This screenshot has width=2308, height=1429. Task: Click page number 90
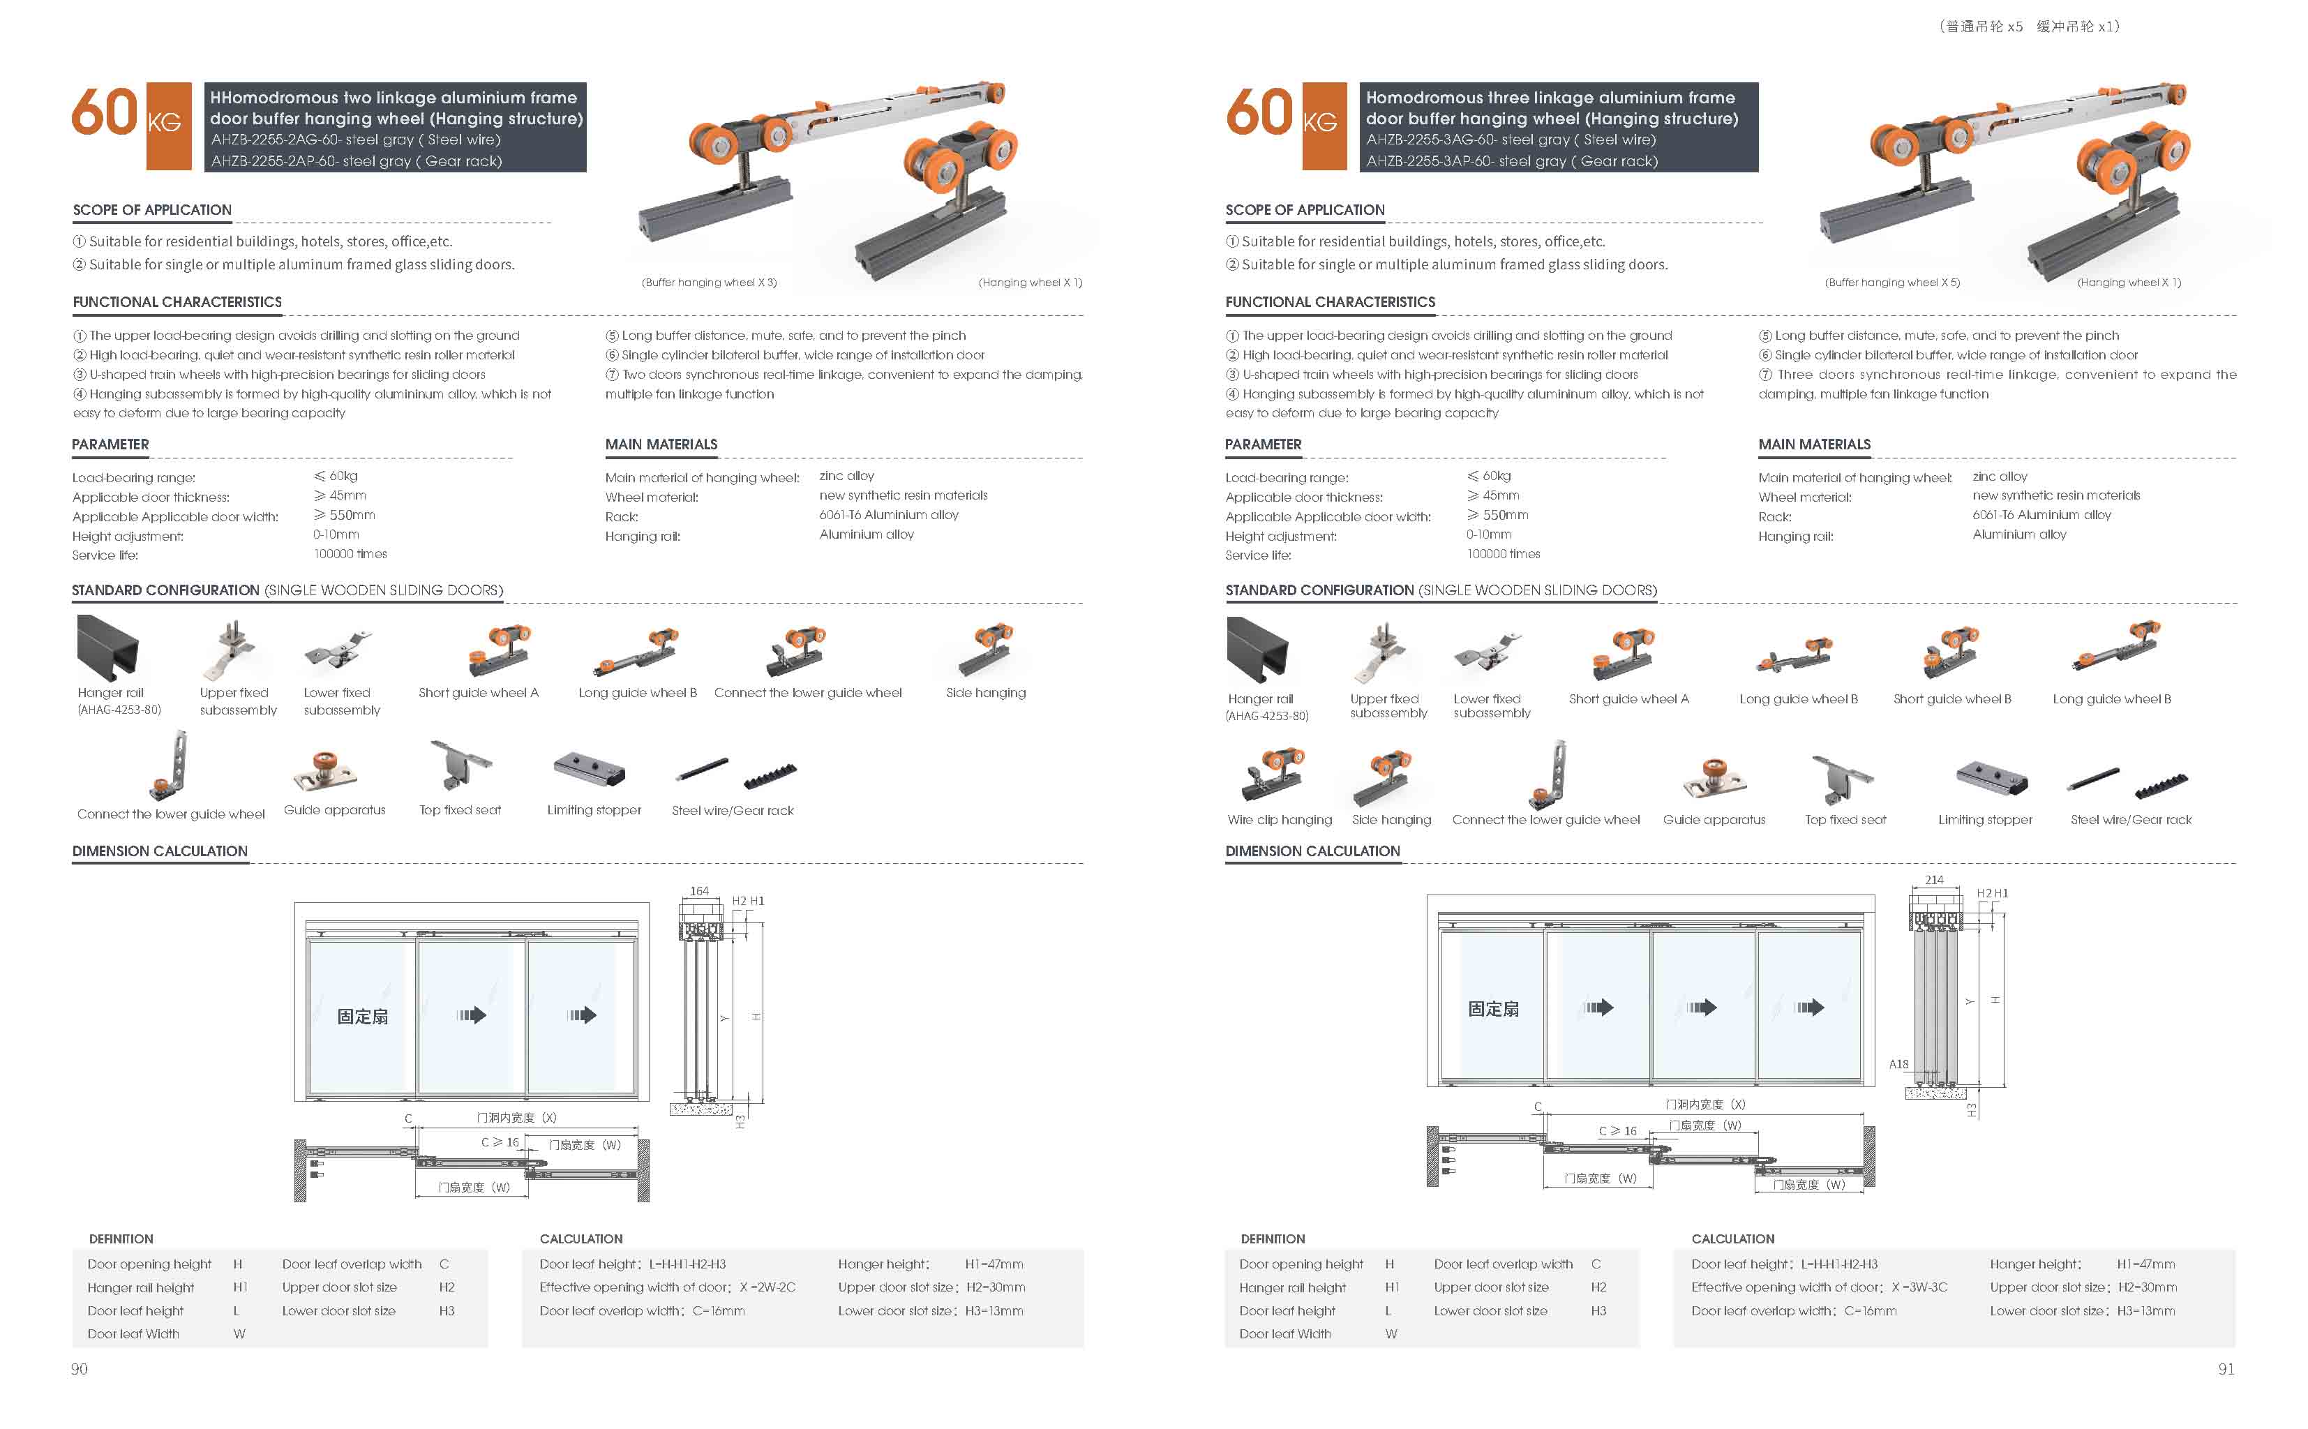(x=80, y=1368)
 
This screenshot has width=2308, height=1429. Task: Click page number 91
(x=2226, y=1368)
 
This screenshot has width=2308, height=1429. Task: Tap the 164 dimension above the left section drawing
(x=699, y=891)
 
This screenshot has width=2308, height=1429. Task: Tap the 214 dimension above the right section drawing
(x=1934, y=880)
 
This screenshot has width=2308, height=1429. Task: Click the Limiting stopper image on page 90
(x=590, y=770)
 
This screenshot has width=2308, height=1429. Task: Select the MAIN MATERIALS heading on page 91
(x=1814, y=444)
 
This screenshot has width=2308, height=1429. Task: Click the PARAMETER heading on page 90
(x=110, y=444)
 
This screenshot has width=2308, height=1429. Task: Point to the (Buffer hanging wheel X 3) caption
(x=709, y=283)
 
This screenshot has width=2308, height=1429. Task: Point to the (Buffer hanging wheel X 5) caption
(x=1892, y=283)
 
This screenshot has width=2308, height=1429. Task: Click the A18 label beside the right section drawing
(x=1898, y=1064)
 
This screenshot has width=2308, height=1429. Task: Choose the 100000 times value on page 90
(x=350, y=554)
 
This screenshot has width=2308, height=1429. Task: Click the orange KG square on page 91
(x=1324, y=126)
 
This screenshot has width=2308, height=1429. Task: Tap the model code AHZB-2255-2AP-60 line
(x=356, y=160)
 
